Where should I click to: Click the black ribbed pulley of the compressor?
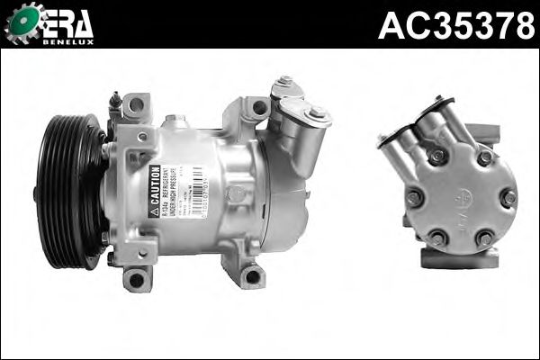[68, 191]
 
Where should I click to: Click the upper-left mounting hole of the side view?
[135, 105]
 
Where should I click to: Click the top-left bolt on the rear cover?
[438, 156]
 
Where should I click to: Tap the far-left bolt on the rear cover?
[413, 197]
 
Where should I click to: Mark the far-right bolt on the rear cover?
[508, 197]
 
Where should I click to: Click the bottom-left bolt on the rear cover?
[438, 238]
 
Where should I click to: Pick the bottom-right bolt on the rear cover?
[484, 238]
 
